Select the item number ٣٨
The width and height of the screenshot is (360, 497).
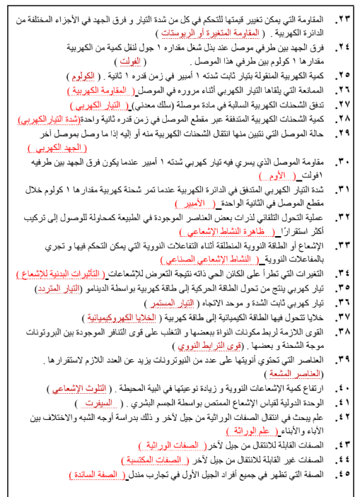[344, 330]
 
